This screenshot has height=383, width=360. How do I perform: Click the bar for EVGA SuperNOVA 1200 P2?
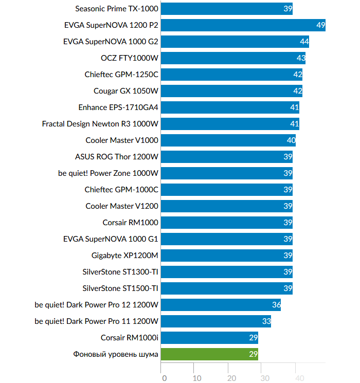click(x=243, y=25)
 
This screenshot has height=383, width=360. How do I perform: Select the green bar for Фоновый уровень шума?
click(x=209, y=354)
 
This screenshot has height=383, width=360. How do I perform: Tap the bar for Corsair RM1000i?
click(x=209, y=338)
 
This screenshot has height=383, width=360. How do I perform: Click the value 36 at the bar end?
click(x=276, y=305)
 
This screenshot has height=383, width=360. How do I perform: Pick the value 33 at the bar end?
click(x=266, y=321)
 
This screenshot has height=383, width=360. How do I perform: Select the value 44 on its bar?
click(x=304, y=42)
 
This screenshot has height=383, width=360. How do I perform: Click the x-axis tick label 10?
click(x=197, y=378)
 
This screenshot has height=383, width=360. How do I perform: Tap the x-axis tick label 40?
click(x=298, y=378)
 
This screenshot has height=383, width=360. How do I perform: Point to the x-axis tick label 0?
click(x=164, y=378)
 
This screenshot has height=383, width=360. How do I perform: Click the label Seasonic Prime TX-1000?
click(x=117, y=9)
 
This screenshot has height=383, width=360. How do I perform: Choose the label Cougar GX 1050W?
click(x=126, y=91)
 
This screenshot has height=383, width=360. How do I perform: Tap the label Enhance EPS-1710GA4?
click(x=118, y=107)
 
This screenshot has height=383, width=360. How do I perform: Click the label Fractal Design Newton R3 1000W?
click(x=100, y=124)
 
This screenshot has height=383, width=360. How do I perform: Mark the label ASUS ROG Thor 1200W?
click(x=117, y=157)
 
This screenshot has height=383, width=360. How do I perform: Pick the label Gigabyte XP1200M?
click(x=125, y=256)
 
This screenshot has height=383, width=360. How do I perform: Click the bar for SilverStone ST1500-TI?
click(x=226, y=288)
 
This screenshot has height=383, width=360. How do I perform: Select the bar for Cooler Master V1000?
click(x=228, y=140)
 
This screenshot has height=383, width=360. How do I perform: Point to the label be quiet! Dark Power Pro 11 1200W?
click(x=97, y=321)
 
